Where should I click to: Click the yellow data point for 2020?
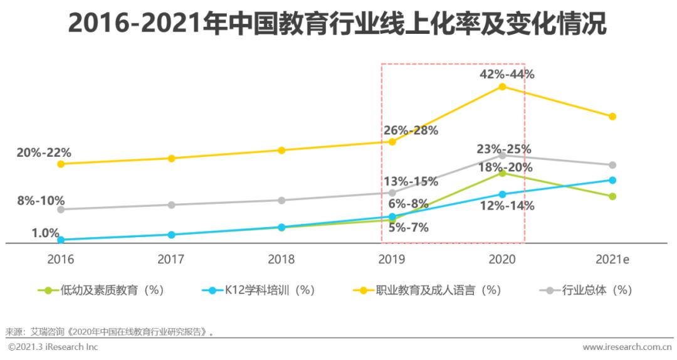[502, 87]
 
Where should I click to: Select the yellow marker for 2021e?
[612, 117]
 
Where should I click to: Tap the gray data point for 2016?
[61, 209]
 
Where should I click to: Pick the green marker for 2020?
[502, 172]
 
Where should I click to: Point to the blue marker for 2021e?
[612, 180]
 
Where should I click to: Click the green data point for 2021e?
[612, 196]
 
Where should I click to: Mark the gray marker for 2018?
[281, 201]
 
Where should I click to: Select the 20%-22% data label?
[44, 152]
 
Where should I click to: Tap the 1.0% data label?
[45, 233]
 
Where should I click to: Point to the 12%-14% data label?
[506, 206]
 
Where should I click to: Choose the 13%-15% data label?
[411, 181]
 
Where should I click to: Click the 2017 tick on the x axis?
[171, 258]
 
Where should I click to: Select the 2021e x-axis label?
[612, 258]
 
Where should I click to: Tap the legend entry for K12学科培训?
[260, 290]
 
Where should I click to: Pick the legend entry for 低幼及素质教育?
[103, 290]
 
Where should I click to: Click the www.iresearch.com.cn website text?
[627, 347]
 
